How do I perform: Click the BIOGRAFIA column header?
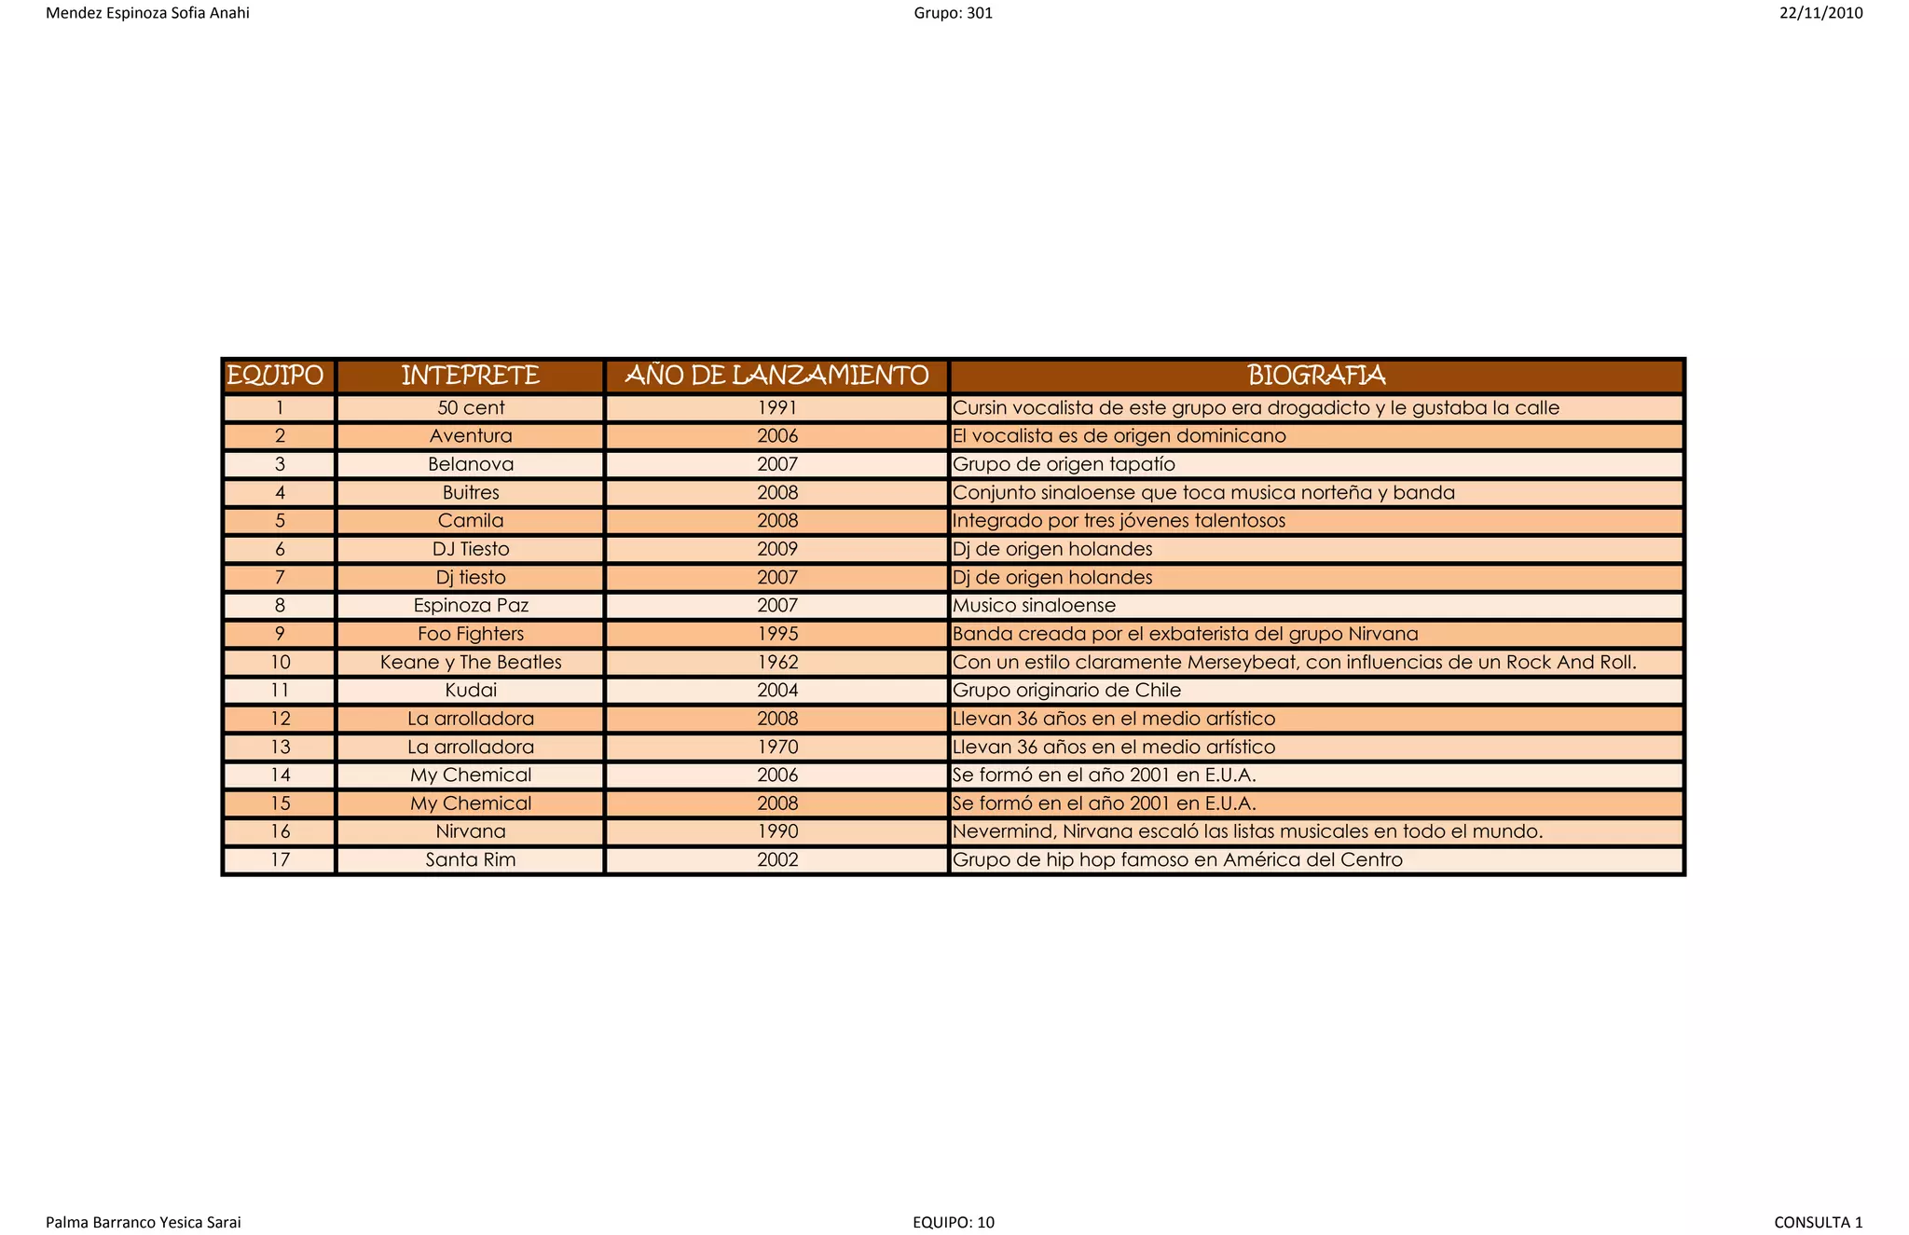click(x=1316, y=376)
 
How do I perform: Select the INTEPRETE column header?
click(x=470, y=376)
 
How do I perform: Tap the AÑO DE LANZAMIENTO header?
click(x=776, y=376)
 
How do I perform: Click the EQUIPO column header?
click(x=276, y=376)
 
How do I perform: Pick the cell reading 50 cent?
click(x=471, y=408)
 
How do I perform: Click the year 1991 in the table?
click(x=777, y=408)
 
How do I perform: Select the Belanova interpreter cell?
click(x=471, y=464)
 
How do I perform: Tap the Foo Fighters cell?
click(x=471, y=634)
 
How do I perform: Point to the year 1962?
click(x=777, y=663)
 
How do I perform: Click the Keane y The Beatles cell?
click(x=471, y=663)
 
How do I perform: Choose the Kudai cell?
click(x=471, y=691)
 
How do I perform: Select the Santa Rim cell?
click(x=471, y=859)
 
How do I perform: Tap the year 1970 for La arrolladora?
click(x=777, y=747)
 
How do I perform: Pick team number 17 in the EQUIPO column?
click(x=280, y=859)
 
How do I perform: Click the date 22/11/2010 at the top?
click(x=1820, y=13)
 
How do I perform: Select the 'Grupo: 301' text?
click(x=954, y=13)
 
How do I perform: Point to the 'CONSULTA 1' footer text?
click(x=1818, y=1222)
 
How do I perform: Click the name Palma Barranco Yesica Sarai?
click(x=144, y=1222)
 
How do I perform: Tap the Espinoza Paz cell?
click(x=471, y=606)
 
